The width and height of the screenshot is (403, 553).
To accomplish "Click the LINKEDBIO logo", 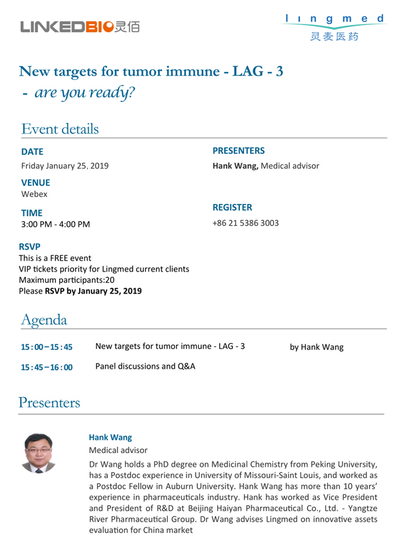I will [80, 27].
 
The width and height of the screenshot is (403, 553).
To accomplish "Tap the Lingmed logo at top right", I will [335, 27].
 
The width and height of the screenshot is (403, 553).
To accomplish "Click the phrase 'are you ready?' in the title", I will [85, 93].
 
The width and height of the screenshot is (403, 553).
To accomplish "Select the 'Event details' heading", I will [60, 129].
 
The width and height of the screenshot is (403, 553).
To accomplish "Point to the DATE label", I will [32, 152].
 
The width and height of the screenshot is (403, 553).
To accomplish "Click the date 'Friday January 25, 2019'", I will [65, 166].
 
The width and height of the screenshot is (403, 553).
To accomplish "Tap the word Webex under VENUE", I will [34, 194].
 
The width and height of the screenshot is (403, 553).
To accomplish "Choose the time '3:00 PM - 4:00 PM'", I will [56, 224].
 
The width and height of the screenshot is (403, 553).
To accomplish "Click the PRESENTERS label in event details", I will [238, 151].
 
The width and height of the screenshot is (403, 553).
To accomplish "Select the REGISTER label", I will [232, 208].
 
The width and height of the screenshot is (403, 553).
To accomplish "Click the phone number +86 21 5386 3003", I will [245, 222].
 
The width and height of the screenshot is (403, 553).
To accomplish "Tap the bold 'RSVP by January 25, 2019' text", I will [93, 291].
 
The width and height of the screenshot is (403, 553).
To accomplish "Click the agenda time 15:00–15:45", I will [47, 347].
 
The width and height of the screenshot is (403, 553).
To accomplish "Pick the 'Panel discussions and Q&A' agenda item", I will [145, 366].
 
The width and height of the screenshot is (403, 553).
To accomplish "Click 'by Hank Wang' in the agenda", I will [317, 347].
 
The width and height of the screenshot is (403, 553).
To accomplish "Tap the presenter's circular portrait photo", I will [39, 453].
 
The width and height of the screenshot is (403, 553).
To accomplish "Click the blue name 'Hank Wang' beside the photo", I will [110, 437].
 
